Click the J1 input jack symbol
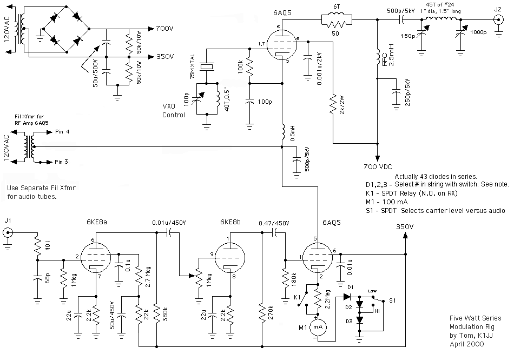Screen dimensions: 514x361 8,233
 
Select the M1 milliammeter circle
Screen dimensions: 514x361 318,327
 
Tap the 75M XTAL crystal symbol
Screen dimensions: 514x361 207,67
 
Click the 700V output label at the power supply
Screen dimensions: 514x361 164,29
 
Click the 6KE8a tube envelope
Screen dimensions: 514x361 95,257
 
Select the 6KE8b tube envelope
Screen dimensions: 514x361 230,257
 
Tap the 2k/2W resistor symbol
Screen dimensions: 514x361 333,105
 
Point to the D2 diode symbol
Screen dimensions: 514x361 360,304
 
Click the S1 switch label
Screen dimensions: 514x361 392,300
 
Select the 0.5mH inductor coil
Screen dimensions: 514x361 282,132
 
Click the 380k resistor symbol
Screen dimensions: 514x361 157,314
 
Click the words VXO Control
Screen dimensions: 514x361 174,111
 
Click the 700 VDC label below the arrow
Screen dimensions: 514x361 378,167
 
